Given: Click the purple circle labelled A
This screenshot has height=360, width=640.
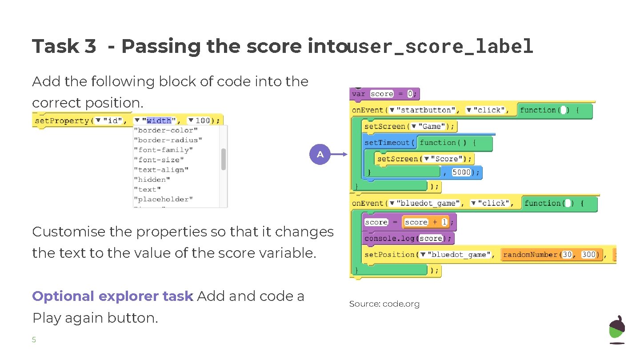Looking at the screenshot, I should tap(320, 155).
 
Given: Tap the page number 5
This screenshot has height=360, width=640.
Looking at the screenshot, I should tap(34, 340).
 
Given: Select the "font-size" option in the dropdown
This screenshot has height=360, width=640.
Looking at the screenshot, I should tap(158, 160).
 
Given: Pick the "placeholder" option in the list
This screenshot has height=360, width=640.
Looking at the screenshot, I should tap(163, 199).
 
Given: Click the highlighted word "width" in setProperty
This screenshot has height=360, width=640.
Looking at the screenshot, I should tap(159, 120).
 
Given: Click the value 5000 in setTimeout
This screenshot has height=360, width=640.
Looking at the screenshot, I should tap(461, 172).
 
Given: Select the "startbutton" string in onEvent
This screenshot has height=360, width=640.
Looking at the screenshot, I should tap(426, 110).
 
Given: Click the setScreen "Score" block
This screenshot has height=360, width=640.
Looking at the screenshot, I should tap(424, 159).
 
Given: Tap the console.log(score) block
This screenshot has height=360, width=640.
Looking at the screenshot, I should tap(408, 238).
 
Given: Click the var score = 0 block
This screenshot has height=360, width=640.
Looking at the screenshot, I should tap(384, 94).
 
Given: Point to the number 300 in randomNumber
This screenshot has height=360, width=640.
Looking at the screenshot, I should tap(588, 255).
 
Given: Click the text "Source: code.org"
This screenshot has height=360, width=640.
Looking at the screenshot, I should tap(384, 304).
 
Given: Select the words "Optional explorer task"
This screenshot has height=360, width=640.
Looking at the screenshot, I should tap(112, 296).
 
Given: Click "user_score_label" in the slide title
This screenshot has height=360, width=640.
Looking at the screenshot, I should tap(440, 46).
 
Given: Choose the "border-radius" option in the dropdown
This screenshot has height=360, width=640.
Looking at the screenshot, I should tap(168, 140).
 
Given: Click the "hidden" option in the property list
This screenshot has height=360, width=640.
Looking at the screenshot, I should tap(151, 180).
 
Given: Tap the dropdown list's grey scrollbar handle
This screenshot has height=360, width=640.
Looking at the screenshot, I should tap(223, 159).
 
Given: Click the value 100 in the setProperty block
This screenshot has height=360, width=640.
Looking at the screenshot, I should tap(202, 120).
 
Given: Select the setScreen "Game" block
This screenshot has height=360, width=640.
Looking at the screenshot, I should tap(408, 126).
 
